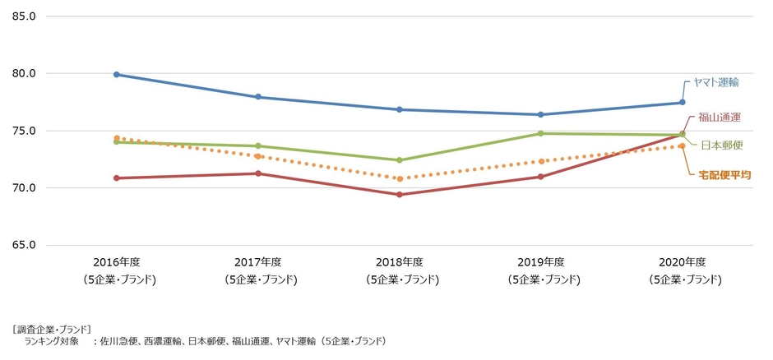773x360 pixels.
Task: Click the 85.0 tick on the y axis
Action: (23, 16)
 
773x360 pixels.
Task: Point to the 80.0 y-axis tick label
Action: (23, 73)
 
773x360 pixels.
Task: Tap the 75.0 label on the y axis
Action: (23, 131)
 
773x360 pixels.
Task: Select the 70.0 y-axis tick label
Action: (23, 188)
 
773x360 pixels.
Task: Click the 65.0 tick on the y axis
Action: (23, 245)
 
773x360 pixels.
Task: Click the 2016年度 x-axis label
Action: (117, 262)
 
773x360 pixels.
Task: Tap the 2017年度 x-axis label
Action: (258, 262)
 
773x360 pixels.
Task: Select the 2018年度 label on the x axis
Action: (400, 262)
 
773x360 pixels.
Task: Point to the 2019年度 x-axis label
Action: (540, 262)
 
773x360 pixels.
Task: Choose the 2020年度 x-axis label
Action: (682, 262)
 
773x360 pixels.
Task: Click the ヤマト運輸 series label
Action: (715, 82)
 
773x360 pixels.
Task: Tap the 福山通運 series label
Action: (720, 118)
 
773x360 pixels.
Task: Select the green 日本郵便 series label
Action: (722, 145)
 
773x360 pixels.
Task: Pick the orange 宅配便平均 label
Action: (724, 175)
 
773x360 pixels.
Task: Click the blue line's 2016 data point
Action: (117, 75)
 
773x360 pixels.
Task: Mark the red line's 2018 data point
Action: (400, 195)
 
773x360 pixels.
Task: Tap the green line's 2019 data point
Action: (540, 133)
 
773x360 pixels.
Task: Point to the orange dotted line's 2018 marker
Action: (400, 178)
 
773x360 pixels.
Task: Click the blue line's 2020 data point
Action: (682, 103)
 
